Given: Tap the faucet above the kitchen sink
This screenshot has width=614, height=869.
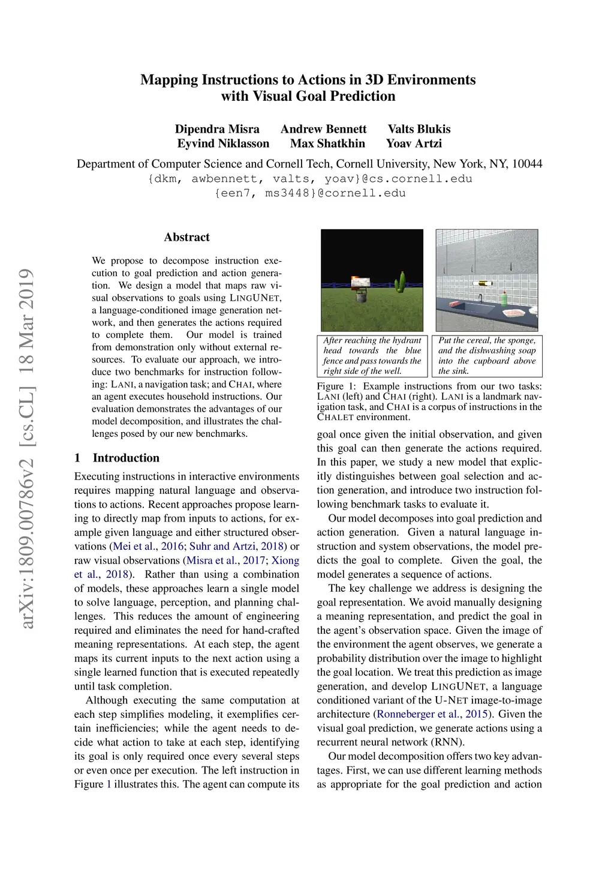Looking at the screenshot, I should click(480, 297).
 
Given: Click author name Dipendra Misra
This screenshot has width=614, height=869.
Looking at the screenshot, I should click(217, 129).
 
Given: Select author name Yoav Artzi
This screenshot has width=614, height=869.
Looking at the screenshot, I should click(414, 143).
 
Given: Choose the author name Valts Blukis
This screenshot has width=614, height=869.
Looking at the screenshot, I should click(419, 129).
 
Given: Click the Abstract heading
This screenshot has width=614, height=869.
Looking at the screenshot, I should click(186, 237).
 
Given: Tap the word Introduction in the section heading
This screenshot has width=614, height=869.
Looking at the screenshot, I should click(126, 458).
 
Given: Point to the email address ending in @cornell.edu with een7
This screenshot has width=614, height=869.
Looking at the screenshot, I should click(310, 193).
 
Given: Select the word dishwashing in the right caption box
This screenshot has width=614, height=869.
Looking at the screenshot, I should click(487, 350).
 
